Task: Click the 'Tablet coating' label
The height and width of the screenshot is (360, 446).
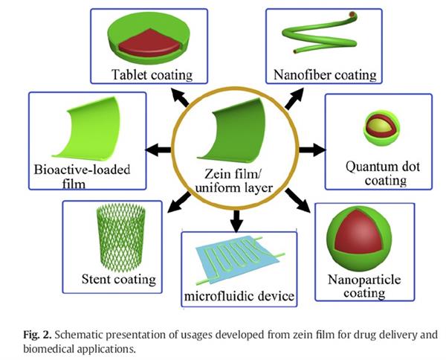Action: (152, 74)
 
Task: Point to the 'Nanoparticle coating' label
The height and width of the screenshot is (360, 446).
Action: (363, 286)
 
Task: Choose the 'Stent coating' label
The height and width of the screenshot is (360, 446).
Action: (119, 280)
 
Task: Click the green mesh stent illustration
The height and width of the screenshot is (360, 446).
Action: (117, 237)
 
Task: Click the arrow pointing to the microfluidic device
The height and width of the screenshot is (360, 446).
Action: (236, 219)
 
